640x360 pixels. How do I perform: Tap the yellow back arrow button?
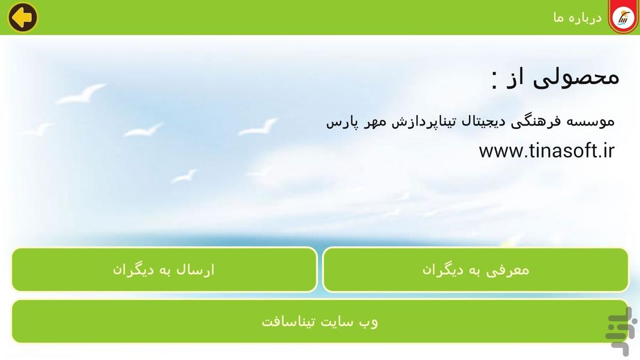pos(23,17)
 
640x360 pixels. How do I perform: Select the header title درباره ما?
pos(577,18)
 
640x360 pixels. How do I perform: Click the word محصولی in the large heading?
pos(577,77)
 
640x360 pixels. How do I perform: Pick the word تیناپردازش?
pos(423,122)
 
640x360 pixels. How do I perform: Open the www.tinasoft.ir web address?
pos(546,151)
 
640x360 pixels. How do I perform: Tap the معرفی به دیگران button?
pos(476,270)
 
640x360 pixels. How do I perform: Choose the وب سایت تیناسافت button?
pos(320,322)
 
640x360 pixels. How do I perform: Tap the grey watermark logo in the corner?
pos(618,331)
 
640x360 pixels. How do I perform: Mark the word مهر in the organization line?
pos(372,122)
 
